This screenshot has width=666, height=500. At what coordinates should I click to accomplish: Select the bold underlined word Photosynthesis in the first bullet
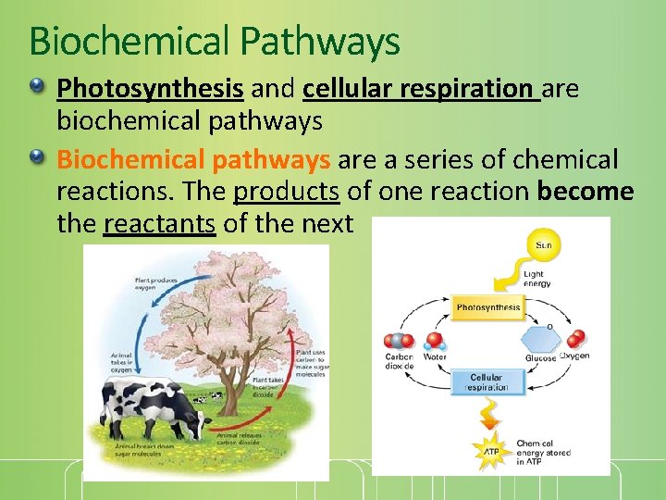click(150, 88)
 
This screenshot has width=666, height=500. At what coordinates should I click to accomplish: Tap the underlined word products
click(287, 191)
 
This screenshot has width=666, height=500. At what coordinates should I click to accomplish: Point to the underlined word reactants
click(159, 223)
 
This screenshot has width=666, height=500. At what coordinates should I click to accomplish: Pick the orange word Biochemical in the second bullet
click(132, 159)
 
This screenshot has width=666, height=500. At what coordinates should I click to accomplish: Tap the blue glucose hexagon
click(539, 340)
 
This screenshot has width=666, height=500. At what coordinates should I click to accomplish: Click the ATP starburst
click(492, 451)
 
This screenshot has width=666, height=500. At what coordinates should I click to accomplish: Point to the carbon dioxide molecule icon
click(399, 340)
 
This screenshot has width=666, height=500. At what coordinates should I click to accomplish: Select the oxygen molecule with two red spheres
click(575, 339)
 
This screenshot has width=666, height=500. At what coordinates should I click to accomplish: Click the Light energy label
click(537, 277)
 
